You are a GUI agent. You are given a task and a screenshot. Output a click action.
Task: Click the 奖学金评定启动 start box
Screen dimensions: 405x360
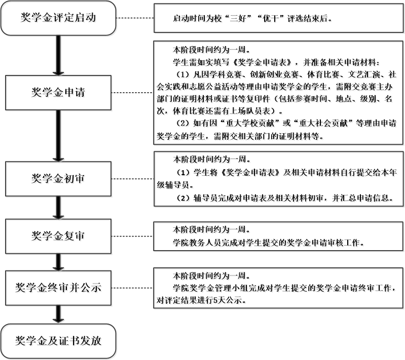coord(58,18)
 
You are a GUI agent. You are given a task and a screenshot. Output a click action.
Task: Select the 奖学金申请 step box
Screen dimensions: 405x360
coord(58,93)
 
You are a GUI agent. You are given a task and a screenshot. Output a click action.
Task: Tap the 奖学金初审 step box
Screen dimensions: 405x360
coord(58,179)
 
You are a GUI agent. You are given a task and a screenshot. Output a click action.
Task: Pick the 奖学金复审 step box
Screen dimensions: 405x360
coord(58,236)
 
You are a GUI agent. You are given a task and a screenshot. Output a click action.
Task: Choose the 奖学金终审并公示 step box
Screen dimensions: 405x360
coord(58,288)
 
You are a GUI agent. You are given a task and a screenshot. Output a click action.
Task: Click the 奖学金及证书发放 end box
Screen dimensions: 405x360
coord(58,341)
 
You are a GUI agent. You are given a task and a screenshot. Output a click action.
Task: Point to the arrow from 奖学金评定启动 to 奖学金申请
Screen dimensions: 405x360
coord(58,56)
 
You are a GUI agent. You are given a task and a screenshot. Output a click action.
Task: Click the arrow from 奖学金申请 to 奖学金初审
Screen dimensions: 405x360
coord(58,136)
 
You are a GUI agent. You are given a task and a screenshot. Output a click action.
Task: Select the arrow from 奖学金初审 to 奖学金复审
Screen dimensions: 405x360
coord(58,208)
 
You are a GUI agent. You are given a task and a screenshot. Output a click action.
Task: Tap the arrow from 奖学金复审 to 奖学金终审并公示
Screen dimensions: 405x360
coord(58,262)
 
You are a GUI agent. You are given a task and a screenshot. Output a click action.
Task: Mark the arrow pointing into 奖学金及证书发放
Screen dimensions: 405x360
coord(58,314)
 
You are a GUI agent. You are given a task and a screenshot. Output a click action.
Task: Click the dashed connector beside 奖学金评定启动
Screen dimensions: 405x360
coord(135,18)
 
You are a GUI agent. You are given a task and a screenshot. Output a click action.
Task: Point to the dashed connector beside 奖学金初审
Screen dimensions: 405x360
coord(132,179)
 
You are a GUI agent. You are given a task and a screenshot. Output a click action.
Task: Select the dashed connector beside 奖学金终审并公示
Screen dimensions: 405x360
coord(132,288)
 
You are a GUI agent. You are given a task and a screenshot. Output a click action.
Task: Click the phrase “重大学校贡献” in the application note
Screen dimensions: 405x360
coord(249,124)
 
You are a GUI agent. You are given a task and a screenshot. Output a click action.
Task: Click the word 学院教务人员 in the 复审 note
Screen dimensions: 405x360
coord(197,243)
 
